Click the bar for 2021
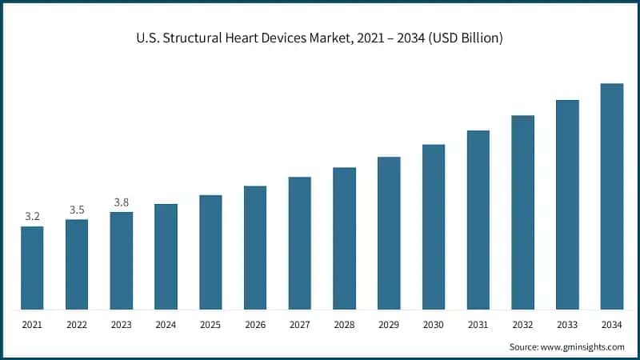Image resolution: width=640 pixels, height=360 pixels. click(32, 268)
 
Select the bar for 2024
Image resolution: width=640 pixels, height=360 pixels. click(166, 257)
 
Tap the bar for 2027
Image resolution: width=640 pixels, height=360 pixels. click(299, 243)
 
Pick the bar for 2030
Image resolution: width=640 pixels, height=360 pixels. click(434, 227)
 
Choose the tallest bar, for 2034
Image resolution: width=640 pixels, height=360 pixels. click(612, 197)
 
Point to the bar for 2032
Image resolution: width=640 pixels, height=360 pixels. click(522, 213)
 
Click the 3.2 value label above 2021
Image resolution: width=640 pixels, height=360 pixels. click(32, 216)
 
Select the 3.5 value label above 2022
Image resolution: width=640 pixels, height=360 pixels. click(77, 210)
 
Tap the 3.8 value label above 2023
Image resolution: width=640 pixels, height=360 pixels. click(122, 202)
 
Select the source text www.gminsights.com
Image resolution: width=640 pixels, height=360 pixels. click(583, 346)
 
